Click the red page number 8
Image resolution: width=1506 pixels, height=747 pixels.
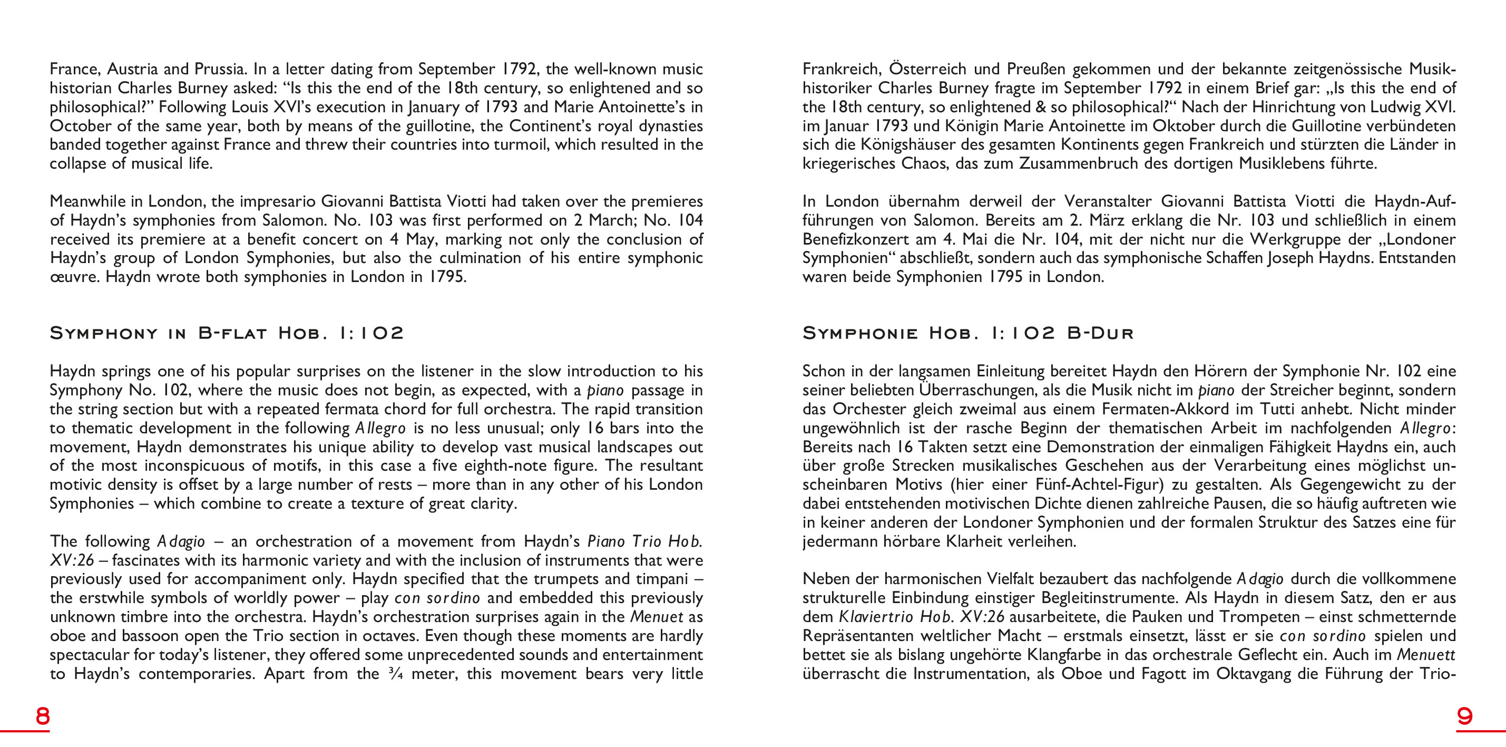pos(43,716)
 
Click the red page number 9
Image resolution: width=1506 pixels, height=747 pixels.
pos(1464,716)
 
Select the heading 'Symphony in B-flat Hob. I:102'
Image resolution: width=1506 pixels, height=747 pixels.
pos(227,333)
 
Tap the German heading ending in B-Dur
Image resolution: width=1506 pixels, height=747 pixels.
pos(967,333)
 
